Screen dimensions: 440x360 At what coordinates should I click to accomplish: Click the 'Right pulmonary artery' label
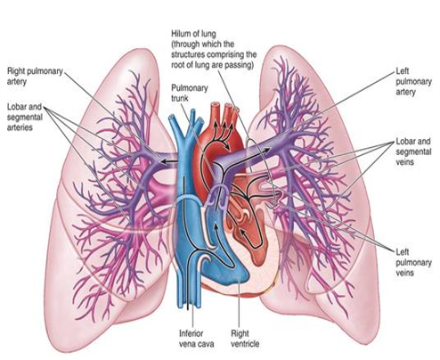[x=35, y=77]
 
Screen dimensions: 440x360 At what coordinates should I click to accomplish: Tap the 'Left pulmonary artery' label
[x=413, y=81]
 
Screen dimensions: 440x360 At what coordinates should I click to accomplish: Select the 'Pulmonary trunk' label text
[x=190, y=93]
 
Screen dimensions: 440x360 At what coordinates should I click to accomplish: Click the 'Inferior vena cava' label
[x=196, y=339]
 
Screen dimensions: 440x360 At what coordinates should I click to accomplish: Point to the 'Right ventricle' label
[x=245, y=339]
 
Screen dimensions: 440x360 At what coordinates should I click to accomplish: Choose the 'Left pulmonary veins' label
[x=413, y=262]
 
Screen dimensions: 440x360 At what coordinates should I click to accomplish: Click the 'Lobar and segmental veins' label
[x=413, y=151]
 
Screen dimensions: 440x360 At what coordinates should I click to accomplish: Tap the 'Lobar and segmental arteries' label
[x=25, y=117]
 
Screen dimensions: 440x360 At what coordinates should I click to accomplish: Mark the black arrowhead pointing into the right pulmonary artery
[x=163, y=161]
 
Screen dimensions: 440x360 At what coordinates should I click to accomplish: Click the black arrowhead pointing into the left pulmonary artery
[x=267, y=150]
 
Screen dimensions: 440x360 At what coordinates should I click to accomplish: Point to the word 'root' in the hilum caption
[x=178, y=65]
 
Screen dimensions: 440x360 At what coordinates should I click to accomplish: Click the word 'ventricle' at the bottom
[x=245, y=344]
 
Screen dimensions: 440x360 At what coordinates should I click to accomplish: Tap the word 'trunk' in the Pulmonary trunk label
[x=180, y=98]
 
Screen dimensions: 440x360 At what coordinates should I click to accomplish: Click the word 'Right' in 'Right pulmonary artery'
[x=15, y=71]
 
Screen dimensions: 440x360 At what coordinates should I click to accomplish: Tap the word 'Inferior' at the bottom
[x=191, y=333]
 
